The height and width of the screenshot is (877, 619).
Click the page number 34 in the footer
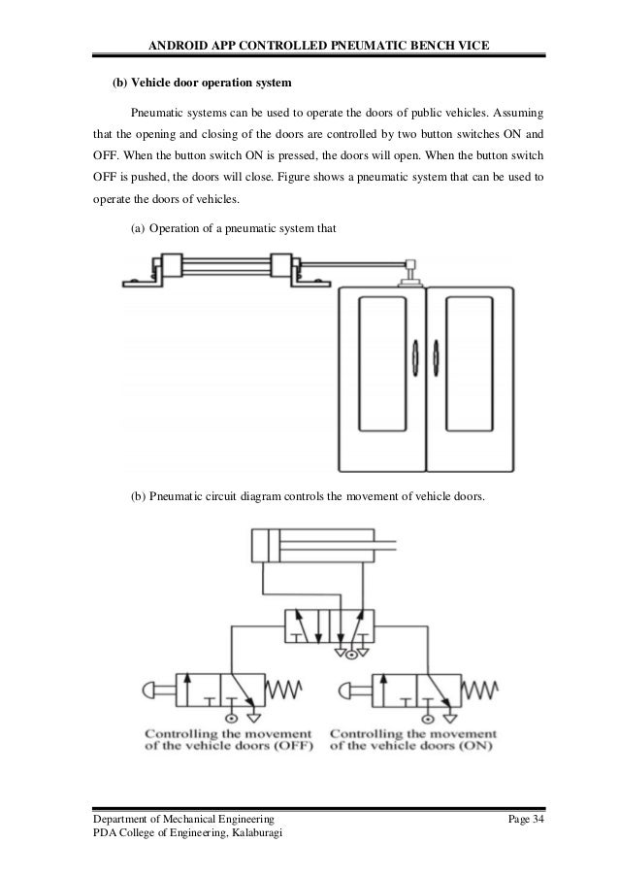(538, 824)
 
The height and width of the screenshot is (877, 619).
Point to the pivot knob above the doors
(410, 265)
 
